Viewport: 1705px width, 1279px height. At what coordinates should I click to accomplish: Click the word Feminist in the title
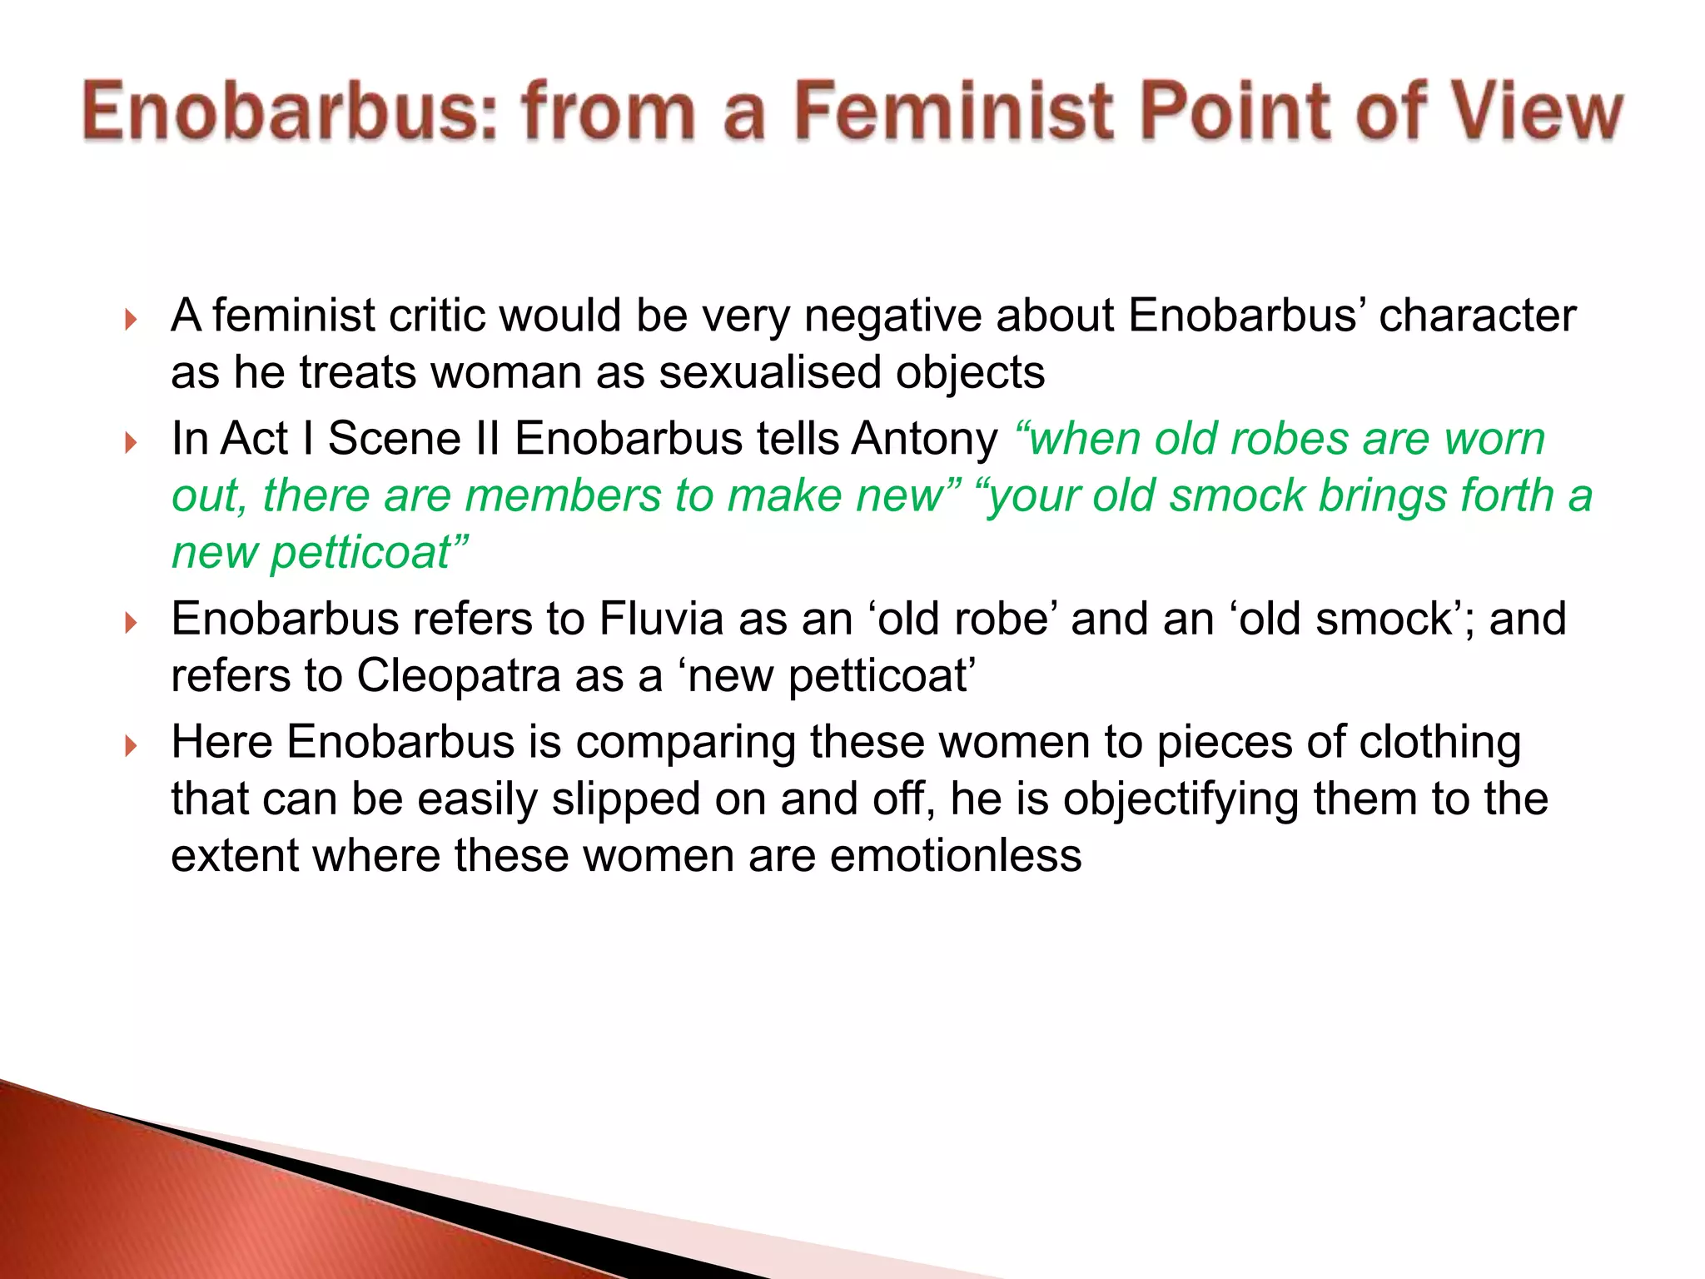pos(954,112)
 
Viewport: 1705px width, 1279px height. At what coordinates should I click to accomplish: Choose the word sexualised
pos(769,372)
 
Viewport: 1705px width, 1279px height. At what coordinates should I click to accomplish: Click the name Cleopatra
pos(459,675)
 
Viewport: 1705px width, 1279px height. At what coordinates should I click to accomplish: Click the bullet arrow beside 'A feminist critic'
pos(130,320)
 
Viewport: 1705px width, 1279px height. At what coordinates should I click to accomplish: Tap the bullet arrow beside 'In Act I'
pos(130,442)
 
